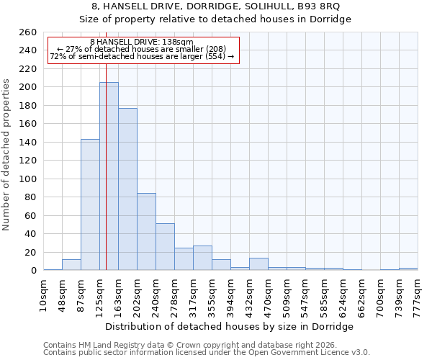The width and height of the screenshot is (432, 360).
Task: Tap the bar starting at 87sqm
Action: (90, 204)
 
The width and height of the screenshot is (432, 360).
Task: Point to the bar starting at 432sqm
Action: (258, 264)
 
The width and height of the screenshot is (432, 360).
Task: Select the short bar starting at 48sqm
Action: (71, 265)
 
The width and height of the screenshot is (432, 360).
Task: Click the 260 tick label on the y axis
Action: (27, 32)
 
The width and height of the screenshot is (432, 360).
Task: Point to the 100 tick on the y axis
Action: (27, 179)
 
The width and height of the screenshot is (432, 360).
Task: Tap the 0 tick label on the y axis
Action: (34, 271)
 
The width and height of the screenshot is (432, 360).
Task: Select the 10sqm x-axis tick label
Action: (43, 295)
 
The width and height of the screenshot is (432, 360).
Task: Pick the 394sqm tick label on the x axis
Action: (230, 295)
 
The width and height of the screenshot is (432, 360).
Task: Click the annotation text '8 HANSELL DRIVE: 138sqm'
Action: (142, 42)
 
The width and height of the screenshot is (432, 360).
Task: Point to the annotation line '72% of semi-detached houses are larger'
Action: (142, 56)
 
